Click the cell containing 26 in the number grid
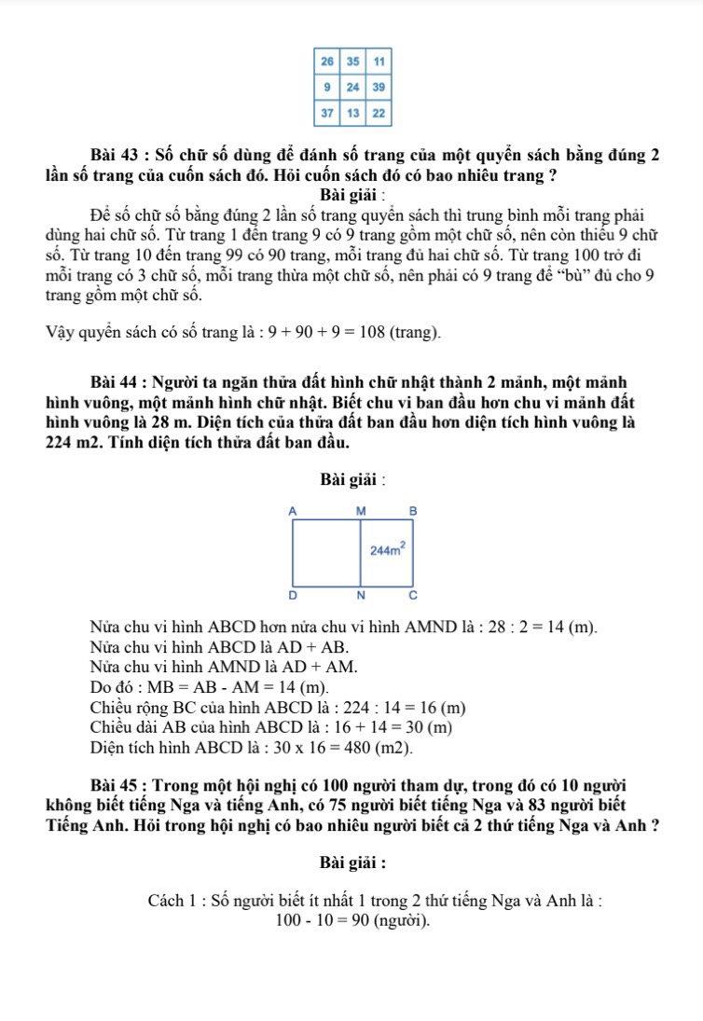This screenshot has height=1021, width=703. tap(326, 61)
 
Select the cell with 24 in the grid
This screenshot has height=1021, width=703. tap(352, 87)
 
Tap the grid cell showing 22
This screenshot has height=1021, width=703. tap(379, 113)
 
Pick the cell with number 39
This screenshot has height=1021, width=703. tap(379, 87)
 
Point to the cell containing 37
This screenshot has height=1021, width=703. tap(326, 113)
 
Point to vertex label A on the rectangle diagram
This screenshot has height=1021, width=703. tap(292, 511)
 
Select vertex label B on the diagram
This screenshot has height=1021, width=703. tap(414, 511)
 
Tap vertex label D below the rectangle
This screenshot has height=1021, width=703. tap(292, 594)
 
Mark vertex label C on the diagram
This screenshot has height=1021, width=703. tap(414, 594)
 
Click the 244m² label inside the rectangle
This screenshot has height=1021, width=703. tap(387, 550)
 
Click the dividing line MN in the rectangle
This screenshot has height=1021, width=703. tap(361, 559)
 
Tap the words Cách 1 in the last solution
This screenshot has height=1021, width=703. tap(171, 902)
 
